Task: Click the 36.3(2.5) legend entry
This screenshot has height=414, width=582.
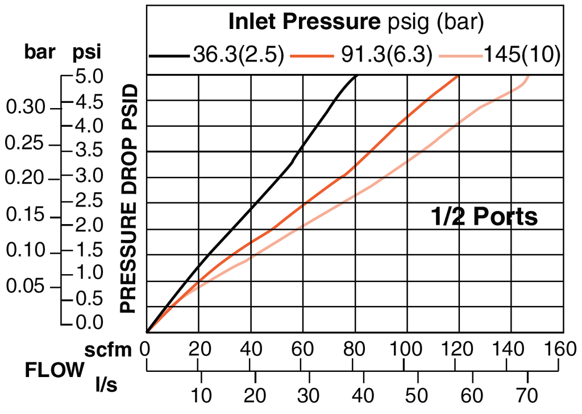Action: [238, 55]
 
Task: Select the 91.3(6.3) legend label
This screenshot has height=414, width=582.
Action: [386, 55]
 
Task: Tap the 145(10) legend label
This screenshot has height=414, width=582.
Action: [522, 55]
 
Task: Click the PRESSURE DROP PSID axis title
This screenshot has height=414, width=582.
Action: [130, 198]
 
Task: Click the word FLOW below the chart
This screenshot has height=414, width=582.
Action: [54, 371]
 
